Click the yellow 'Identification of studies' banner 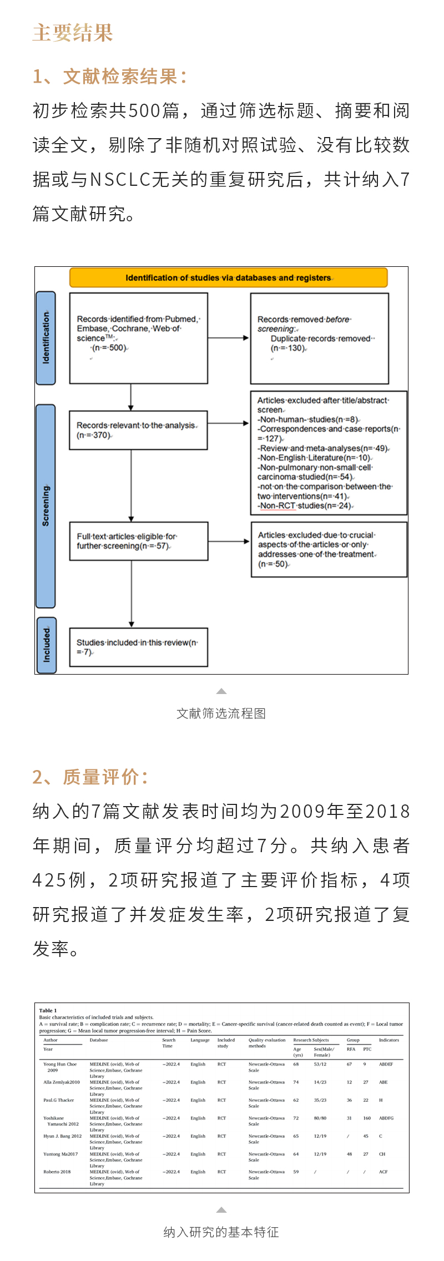point(228,277)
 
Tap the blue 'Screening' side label point(46,506)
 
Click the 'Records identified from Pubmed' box point(138,338)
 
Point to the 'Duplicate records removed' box point(319,338)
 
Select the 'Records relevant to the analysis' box point(138,430)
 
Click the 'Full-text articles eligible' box point(138,541)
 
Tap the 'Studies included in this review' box point(138,647)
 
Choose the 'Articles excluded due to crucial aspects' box point(329,549)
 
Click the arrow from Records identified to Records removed point(229,338)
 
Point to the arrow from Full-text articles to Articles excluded point(229,541)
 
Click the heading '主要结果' point(73,33)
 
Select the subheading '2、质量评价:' point(90,777)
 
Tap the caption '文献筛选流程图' point(221,713)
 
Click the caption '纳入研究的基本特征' point(221,1232)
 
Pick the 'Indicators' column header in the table point(389,1040)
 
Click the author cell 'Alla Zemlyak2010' point(62,1082)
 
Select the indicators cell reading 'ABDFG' point(386,1118)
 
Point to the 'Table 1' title point(48,1010)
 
